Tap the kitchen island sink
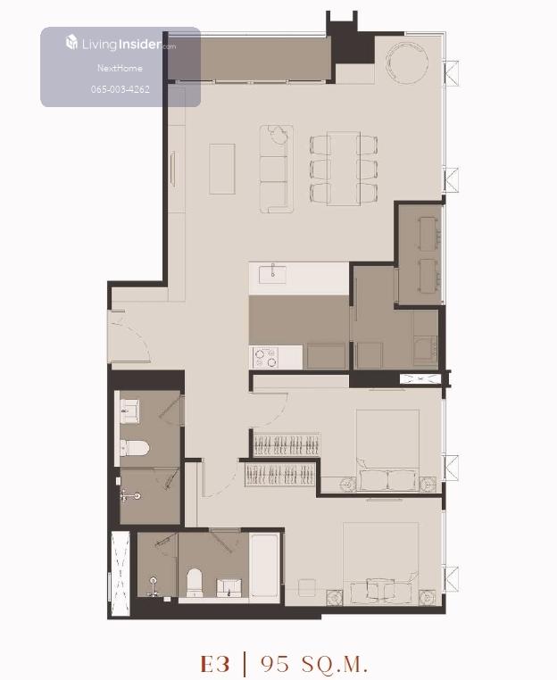pos(272,274)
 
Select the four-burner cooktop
pos(266,358)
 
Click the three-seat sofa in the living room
pos(277,170)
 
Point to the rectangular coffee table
pos(222,170)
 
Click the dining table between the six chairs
pos(344,168)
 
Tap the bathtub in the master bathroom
pos(264,566)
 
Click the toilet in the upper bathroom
pos(134,448)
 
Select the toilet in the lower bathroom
pos(195,582)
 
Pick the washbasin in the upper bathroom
pos(129,411)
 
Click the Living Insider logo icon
pos(71,43)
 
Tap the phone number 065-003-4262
pos(121,89)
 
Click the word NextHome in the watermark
pos(120,68)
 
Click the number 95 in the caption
pos(275,664)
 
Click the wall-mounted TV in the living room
pos(172,170)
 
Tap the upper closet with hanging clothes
pos(287,444)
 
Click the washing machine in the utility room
pos(425,351)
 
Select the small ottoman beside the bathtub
pos(307,587)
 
